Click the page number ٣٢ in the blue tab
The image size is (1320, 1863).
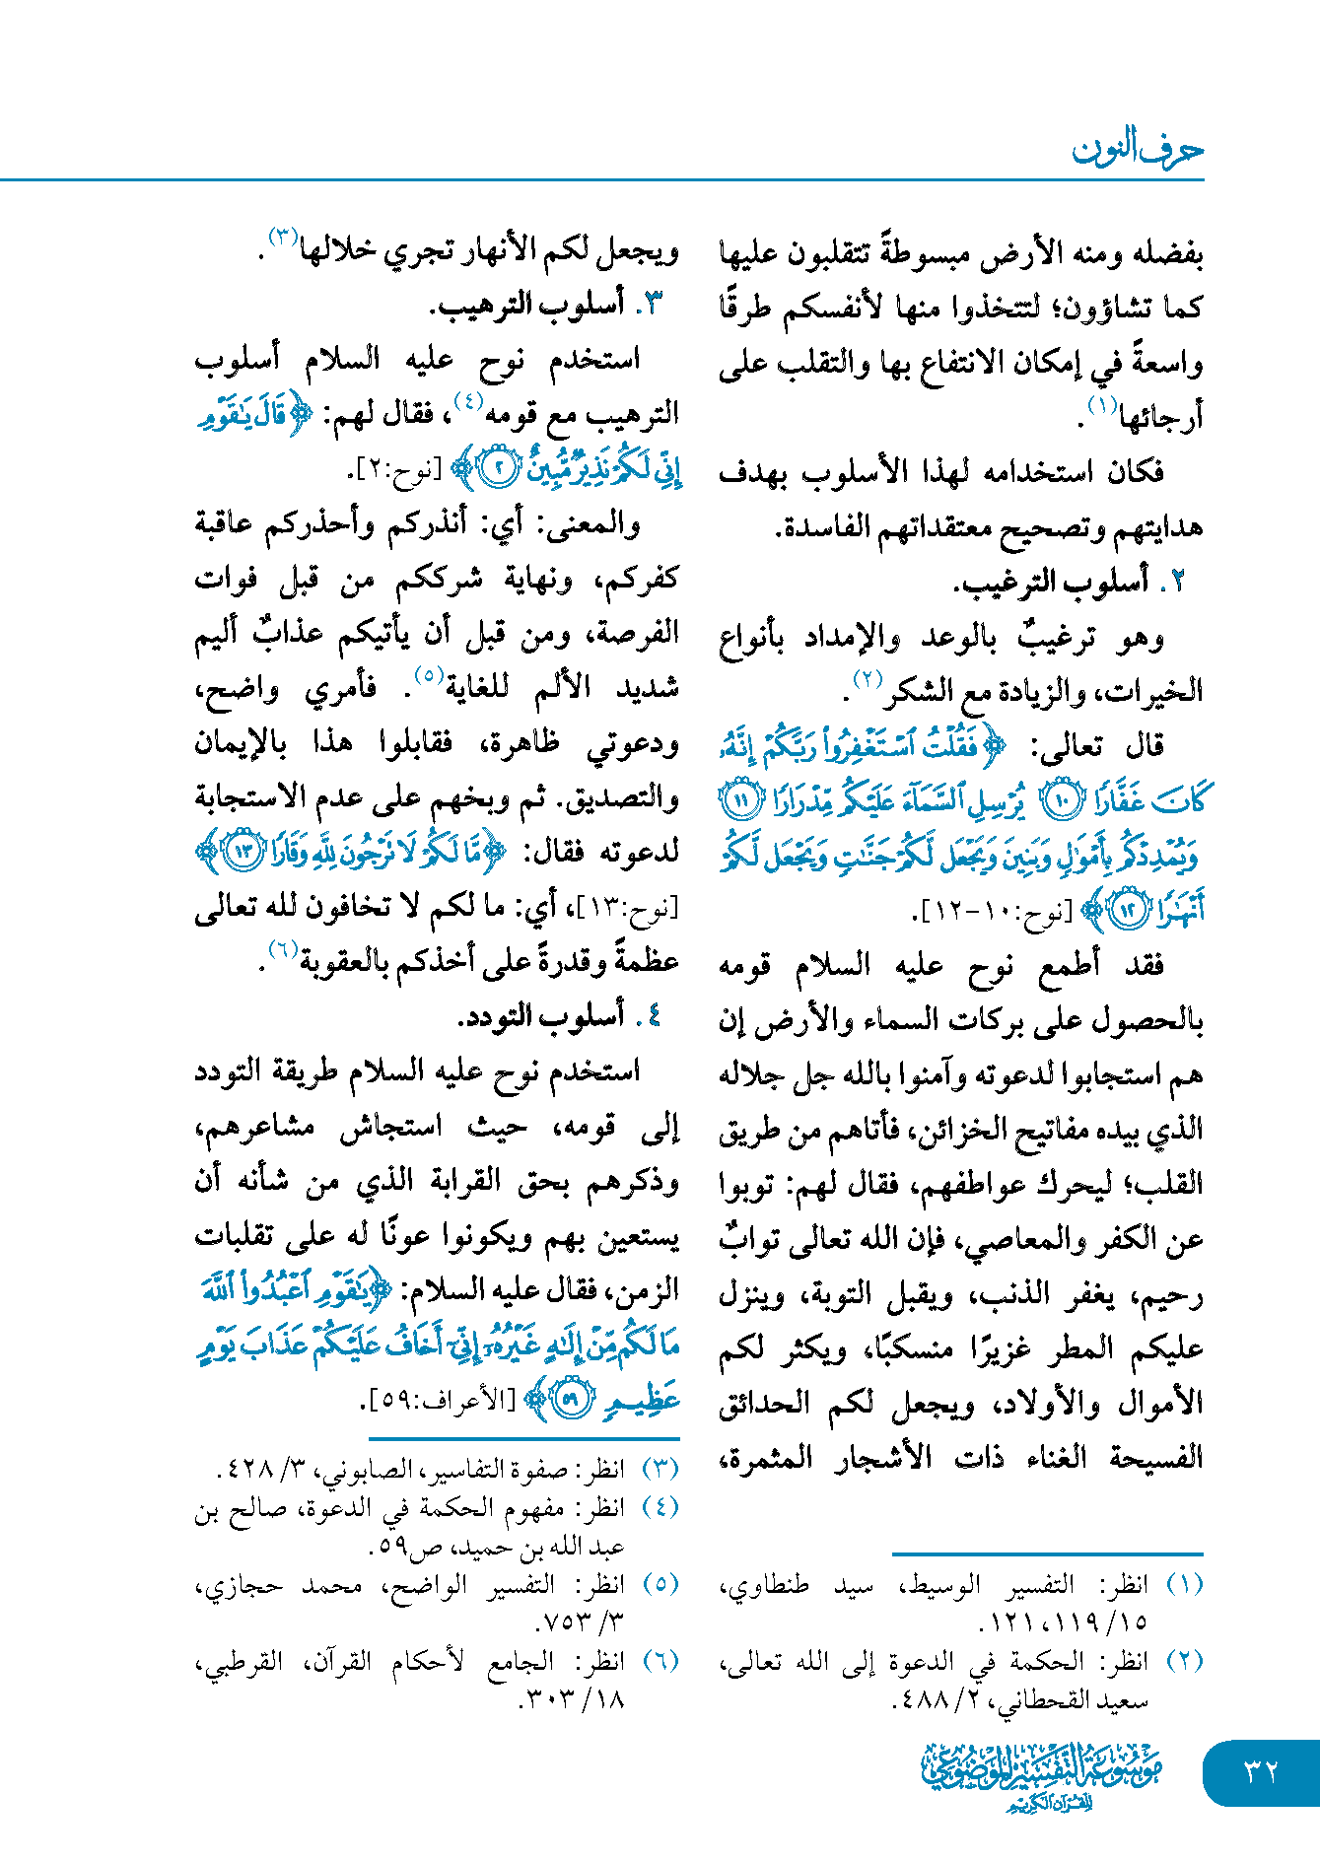pos(1261,1771)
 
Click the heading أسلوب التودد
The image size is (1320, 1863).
pos(541,1015)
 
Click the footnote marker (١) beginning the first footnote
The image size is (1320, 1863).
pos(1184,1585)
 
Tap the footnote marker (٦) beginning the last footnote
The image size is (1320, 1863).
pos(660,1662)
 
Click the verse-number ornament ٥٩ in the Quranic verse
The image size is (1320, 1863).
pos(571,1399)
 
